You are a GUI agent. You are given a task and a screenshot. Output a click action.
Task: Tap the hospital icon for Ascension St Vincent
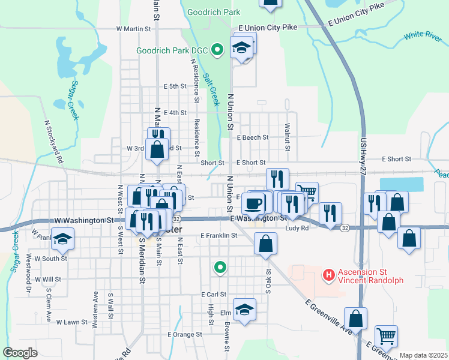pyautogui.click(x=328, y=276)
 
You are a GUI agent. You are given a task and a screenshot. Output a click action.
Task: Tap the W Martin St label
pyautogui.click(x=133, y=28)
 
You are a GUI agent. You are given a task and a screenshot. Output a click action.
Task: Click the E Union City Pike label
pyautogui.click(x=268, y=28)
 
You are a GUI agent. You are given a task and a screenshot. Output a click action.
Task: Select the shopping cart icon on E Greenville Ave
pyautogui.click(x=385, y=337)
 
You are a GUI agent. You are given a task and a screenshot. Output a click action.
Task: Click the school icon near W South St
pyautogui.click(x=62, y=239)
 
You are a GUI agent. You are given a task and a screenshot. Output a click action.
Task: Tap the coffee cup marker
pyautogui.click(x=255, y=203)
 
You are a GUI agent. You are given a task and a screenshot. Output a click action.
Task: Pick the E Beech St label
pyautogui.click(x=252, y=137)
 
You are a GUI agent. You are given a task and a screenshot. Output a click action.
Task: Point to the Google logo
pyautogui.click(x=20, y=353)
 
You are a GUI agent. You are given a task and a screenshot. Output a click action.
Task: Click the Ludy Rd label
pyautogui.click(x=297, y=228)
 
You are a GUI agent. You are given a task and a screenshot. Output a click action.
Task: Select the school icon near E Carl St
pyautogui.click(x=244, y=310)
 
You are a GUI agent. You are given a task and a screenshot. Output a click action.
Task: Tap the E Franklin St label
pyautogui.click(x=219, y=236)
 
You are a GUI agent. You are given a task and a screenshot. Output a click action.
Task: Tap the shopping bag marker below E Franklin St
pyautogui.click(x=265, y=244)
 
